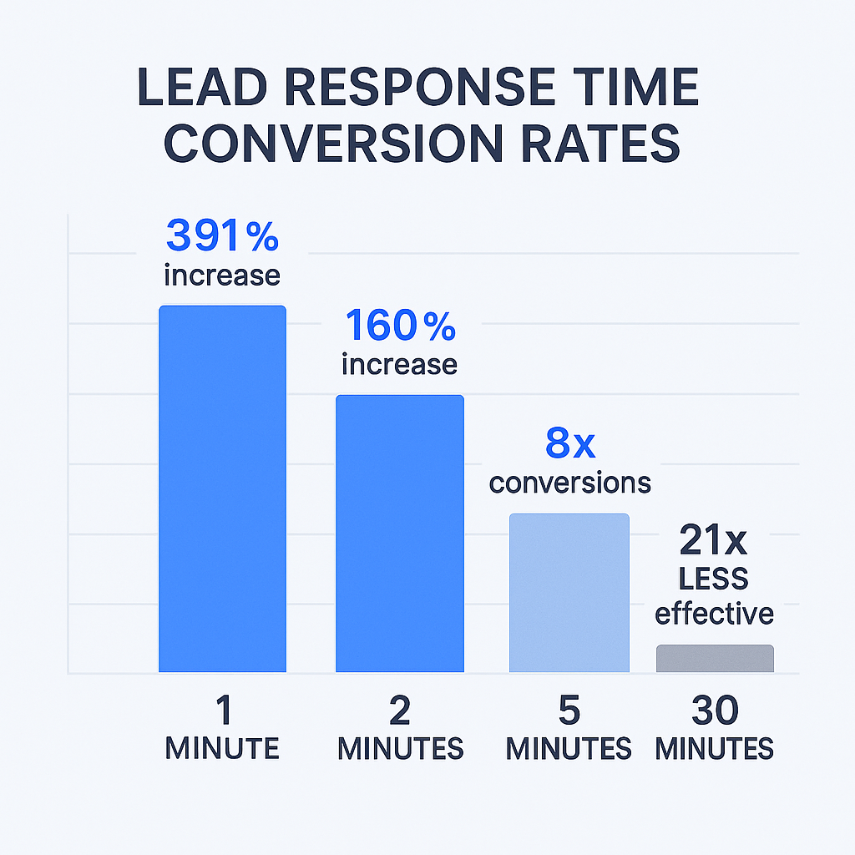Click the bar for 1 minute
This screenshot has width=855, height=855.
point(222,488)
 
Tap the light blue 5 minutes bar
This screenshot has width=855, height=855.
point(569,592)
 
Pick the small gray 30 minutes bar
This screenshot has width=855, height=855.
point(715,658)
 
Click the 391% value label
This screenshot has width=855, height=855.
point(222,236)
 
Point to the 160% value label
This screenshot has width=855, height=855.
point(400,326)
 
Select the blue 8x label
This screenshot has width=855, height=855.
point(570,443)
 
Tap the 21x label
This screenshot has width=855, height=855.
point(713,542)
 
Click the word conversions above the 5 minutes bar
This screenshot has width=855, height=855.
point(570,482)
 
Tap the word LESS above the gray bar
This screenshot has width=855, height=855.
point(714,579)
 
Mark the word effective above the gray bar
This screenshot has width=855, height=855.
point(714,614)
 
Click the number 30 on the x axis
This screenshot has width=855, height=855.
point(715,711)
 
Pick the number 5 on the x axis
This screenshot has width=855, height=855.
point(569,711)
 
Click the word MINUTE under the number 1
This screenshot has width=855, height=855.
point(222,747)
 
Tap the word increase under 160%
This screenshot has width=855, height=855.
point(400,364)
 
